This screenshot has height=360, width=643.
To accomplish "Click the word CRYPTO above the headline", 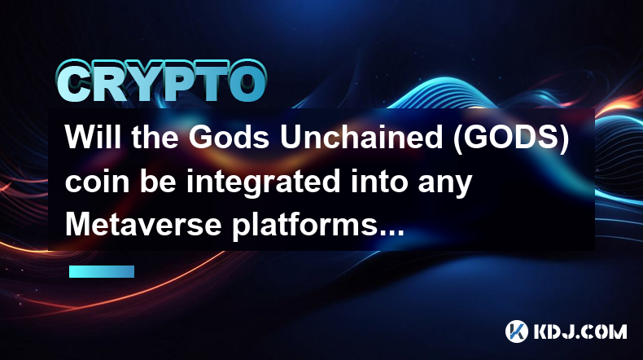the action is coord(162,81).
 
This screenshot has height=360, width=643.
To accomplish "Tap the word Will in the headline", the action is coord(93,137).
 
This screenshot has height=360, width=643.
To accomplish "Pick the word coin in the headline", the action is coord(97,181).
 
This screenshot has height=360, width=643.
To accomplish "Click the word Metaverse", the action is coord(143,225).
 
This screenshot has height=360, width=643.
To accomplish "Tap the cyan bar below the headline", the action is coord(102,271).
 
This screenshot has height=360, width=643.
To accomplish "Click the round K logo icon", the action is coord(517,331).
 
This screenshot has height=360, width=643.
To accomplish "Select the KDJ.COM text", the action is coord(580,331).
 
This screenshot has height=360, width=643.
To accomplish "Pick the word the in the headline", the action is coord(155,137).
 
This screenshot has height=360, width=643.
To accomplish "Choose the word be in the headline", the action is coord(158,181).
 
